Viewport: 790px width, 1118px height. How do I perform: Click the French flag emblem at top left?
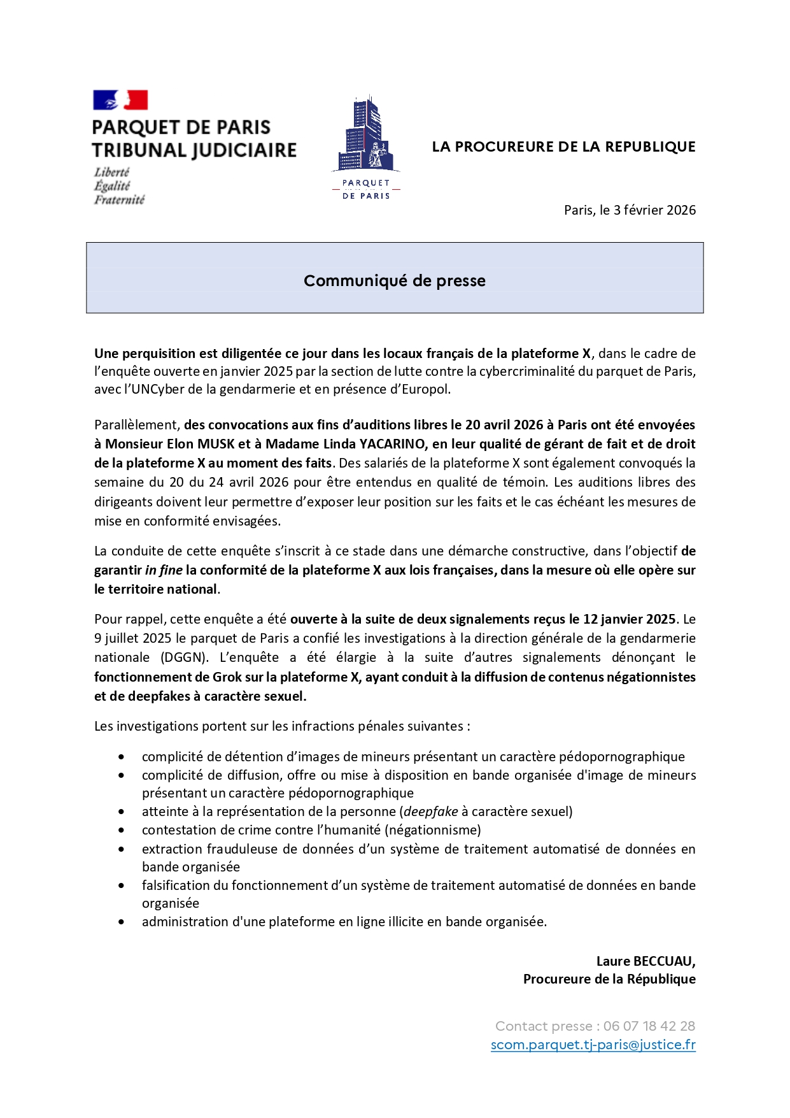coord(120,100)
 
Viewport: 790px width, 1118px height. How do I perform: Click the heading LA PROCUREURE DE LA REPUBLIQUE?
coord(563,147)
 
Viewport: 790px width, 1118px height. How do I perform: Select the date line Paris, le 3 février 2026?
coord(630,210)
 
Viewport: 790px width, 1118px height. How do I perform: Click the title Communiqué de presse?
coord(394,281)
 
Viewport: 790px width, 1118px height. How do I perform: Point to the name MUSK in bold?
coord(216,444)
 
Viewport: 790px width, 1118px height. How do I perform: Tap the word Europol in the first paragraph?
coord(425,389)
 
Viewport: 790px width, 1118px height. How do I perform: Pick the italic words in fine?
coord(164,570)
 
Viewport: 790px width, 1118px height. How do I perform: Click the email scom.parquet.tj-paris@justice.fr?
coord(593,1045)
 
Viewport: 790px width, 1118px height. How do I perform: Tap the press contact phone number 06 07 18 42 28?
coord(649,1026)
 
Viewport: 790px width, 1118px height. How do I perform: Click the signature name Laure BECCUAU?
coord(645,961)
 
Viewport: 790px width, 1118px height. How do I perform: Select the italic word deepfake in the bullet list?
coord(430,812)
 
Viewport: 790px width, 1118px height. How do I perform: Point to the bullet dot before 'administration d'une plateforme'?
coord(121,922)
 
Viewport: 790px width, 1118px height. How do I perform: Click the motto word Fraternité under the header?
coord(120,200)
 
